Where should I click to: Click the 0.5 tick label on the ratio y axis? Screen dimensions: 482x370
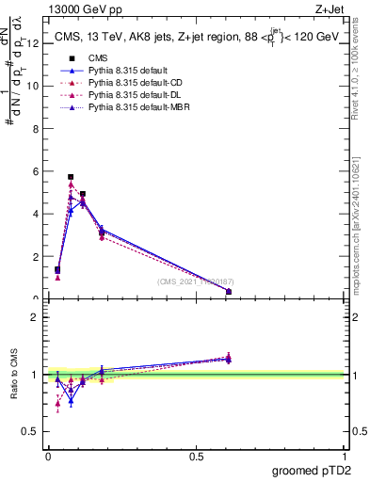pyautogui.click(x=30, y=432)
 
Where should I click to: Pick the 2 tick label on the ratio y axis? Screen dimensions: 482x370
pyautogui.click(x=35, y=317)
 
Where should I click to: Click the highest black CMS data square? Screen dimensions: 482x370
pyautogui.click(x=71, y=177)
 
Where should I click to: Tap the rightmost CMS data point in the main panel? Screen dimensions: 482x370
pyautogui.click(x=229, y=292)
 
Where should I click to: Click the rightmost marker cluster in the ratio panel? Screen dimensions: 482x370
pyautogui.click(x=229, y=358)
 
